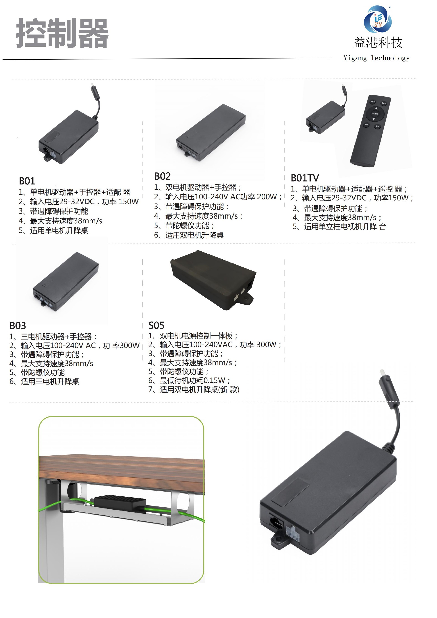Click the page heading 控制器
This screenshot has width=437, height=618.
pyautogui.click(x=62, y=33)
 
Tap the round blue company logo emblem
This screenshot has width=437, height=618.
pyautogui.click(x=378, y=19)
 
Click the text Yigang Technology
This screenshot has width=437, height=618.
pyautogui.click(x=376, y=58)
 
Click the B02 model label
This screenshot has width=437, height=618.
pyautogui.click(x=162, y=176)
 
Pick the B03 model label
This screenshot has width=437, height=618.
pyautogui.click(x=18, y=326)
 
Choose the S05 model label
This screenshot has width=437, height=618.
pyautogui.click(x=156, y=325)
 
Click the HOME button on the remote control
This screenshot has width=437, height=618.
pyautogui.click(x=375, y=114)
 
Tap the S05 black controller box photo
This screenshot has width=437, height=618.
pyautogui.click(x=213, y=280)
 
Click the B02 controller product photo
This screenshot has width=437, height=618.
pyautogui.click(x=211, y=133)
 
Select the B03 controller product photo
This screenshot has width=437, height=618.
pyautogui.click(x=65, y=281)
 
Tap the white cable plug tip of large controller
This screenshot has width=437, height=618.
pyautogui.click(x=382, y=373)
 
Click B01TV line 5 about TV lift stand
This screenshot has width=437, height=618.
pyautogui.click(x=339, y=227)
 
